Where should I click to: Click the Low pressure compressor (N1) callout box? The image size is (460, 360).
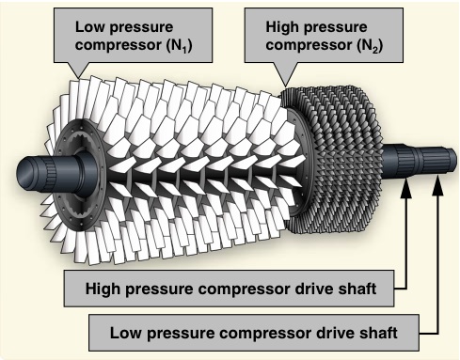pos(133,35)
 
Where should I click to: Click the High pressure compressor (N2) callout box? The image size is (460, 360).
pos(324,35)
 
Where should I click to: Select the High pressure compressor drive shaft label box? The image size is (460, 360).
pos(230,289)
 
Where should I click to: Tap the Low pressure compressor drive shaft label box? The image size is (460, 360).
pos(254,333)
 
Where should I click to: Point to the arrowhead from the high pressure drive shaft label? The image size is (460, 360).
pos(406,188)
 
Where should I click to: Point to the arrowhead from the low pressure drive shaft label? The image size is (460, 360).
pos(437,188)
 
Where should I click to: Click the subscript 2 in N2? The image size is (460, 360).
pos(375,49)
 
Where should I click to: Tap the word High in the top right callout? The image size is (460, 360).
pos(282,27)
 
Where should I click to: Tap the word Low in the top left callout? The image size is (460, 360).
pos(89,27)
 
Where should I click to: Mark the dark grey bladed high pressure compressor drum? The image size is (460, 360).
pos(332,160)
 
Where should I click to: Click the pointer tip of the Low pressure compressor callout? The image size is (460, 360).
pos(79,78)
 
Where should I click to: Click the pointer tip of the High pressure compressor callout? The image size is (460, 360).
pos(285,86)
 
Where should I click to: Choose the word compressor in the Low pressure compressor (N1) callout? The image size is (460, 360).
pos(119,45)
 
